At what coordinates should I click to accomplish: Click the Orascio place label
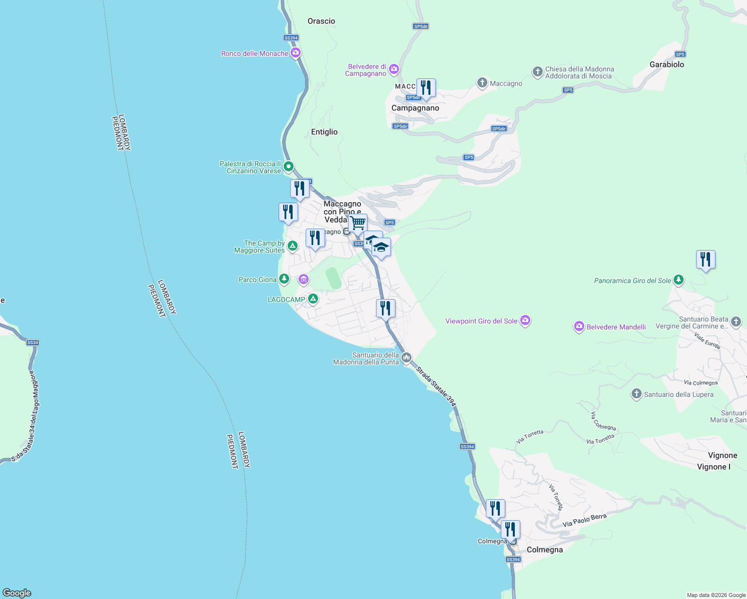pyautogui.click(x=321, y=21)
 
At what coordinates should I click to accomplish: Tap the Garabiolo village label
pyautogui.click(x=667, y=64)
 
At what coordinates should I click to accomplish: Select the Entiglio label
pyautogui.click(x=324, y=132)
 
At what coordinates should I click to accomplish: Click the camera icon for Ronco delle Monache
pyautogui.click(x=296, y=52)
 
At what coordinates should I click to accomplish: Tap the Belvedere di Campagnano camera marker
pyautogui.click(x=394, y=69)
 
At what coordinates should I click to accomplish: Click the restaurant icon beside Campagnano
pyautogui.click(x=426, y=88)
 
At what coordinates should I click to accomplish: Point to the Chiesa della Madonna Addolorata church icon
pyautogui.click(x=537, y=72)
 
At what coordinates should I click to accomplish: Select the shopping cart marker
pyautogui.click(x=358, y=224)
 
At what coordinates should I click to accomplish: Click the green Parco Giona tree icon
pyautogui.click(x=284, y=279)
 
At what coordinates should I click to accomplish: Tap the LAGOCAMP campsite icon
pyautogui.click(x=313, y=299)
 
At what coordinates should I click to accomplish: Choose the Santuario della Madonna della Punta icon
pyautogui.click(x=406, y=357)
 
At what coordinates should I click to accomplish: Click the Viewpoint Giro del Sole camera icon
pyautogui.click(x=525, y=320)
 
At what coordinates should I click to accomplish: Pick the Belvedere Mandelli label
pyautogui.click(x=616, y=327)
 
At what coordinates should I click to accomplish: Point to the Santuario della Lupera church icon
pyautogui.click(x=636, y=394)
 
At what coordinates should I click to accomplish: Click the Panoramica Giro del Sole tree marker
pyautogui.click(x=678, y=280)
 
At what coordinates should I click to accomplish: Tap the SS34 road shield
pyautogui.click(x=32, y=342)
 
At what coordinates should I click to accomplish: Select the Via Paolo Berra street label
pyautogui.click(x=584, y=520)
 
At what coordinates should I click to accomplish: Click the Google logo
pyautogui.click(x=17, y=593)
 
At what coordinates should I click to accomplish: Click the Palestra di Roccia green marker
pyautogui.click(x=288, y=167)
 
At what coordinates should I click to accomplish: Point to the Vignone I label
pyautogui.click(x=714, y=467)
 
